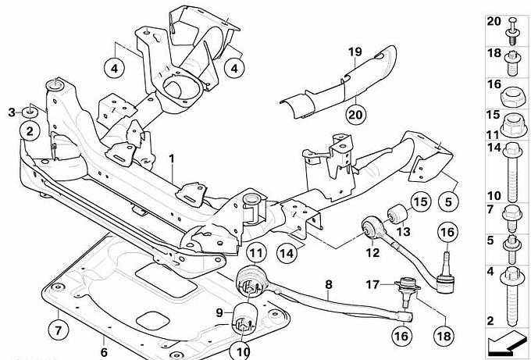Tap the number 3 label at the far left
[x=12, y=112]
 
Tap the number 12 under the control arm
[x=372, y=252]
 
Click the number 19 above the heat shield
[x=355, y=52]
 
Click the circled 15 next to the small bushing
[x=421, y=203]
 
